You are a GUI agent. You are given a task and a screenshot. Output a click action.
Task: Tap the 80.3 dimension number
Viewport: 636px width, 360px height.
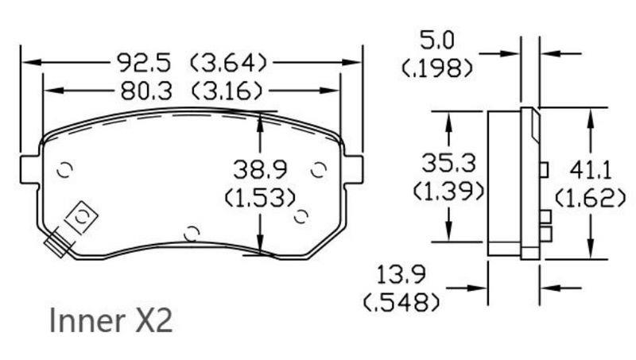(147, 91)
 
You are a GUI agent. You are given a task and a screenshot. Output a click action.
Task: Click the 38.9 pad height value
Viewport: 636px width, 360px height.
(260, 168)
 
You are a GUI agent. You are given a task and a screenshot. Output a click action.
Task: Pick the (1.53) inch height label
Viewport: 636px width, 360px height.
(260, 196)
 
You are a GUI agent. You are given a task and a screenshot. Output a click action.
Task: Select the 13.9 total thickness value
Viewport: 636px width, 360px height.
(402, 275)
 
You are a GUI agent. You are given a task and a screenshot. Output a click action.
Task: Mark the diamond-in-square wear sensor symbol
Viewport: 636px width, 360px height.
(82, 215)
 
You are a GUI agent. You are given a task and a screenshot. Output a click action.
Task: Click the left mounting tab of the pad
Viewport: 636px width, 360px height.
(29, 168)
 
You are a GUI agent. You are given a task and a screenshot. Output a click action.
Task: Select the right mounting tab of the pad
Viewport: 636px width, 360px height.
(353, 168)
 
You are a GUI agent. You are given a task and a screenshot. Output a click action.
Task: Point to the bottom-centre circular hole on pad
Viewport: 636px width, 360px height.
(191, 233)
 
